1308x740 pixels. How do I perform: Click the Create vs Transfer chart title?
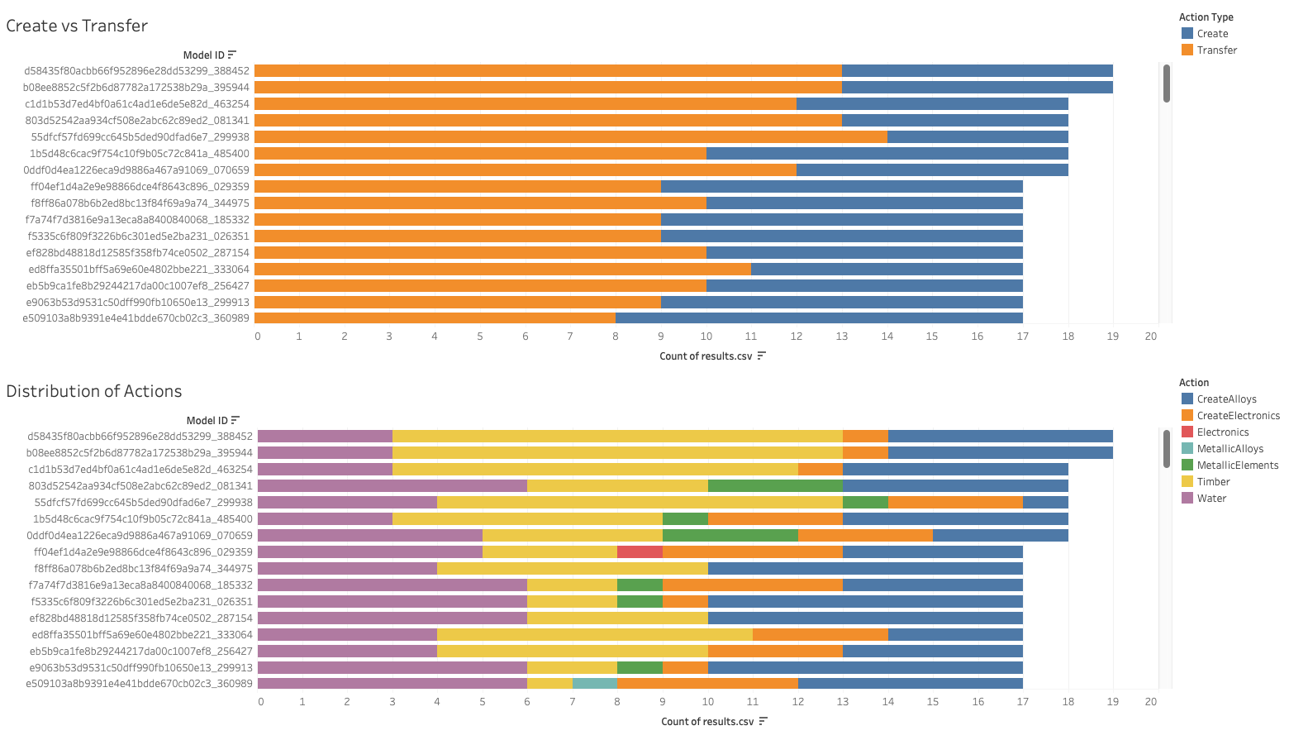tap(77, 26)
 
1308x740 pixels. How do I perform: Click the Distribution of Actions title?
tap(93, 391)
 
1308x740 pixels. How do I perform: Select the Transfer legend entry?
tap(1216, 50)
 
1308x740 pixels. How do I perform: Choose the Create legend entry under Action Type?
tap(1211, 34)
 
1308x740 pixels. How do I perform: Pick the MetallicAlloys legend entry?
tap(1230, 449)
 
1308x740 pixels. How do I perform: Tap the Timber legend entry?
tap(1213, 482)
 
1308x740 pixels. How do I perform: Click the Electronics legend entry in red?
tap(1222, 432)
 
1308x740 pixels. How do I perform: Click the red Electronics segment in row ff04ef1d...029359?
tap(640, 551)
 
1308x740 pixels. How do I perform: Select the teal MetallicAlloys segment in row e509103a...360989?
tap(595, 683)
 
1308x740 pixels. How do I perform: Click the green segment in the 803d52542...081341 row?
tap(775, 485)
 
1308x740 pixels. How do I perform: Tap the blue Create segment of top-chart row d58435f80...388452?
tap(977, 71)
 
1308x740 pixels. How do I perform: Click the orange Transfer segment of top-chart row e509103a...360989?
tap(435, 317)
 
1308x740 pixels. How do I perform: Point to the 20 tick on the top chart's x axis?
tap(1151, 337)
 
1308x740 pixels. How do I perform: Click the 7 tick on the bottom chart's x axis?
tap(572, 702)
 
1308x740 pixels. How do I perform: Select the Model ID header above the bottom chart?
tap(207, 421)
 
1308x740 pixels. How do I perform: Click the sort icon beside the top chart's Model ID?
tap(232, 55)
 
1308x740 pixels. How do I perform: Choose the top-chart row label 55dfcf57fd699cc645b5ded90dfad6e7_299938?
tap(140, 137)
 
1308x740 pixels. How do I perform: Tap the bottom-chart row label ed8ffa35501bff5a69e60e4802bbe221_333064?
tap(142, 635)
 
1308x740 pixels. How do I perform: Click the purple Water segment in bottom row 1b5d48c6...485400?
tap(325, 518)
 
